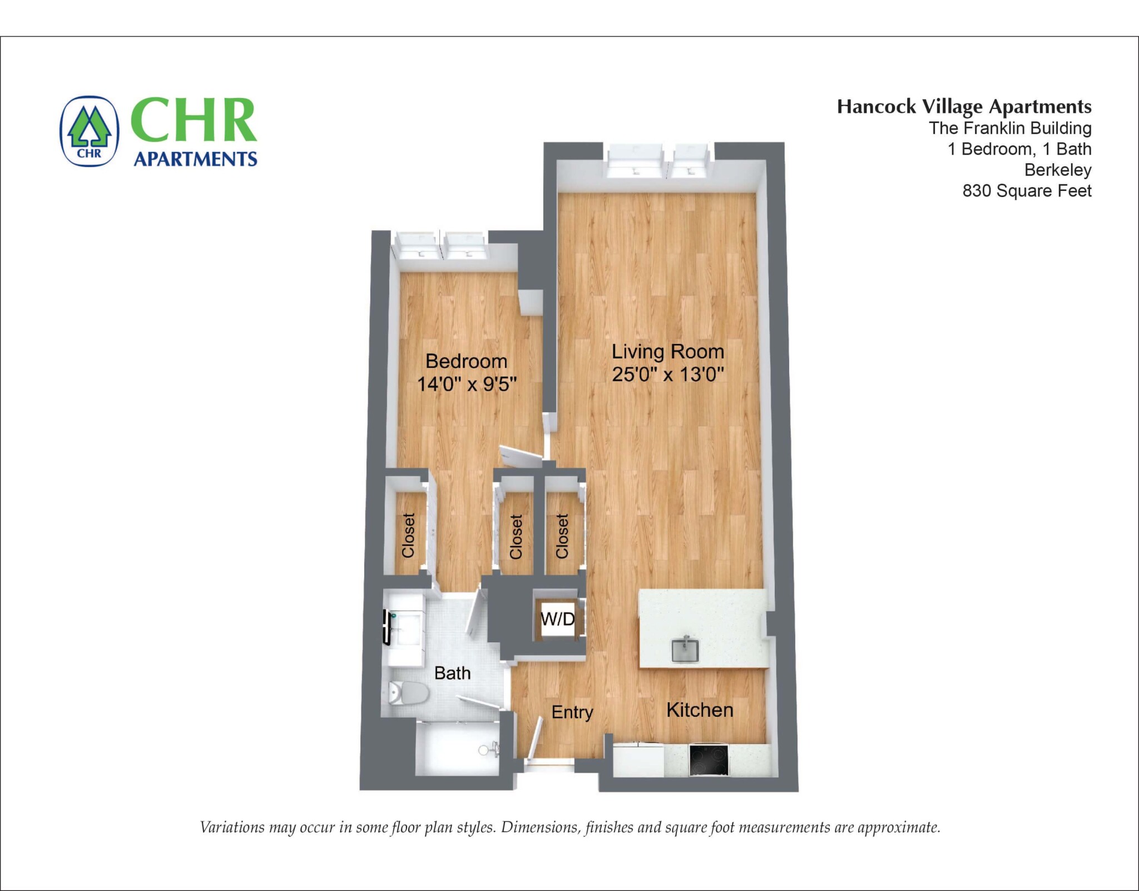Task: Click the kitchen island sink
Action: [685, 649]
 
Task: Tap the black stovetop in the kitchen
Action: [709, 760]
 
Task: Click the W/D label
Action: [557, 619]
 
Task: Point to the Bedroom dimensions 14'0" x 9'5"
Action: [467, 384]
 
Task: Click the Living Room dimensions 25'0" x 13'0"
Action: [668, 375]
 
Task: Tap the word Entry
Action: [572, 712]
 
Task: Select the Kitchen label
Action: [700, 710]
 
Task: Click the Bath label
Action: [452, 673]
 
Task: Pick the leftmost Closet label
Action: [409, 535]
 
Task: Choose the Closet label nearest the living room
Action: [562, 536]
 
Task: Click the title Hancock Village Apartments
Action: [964, 106]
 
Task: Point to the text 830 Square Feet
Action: [1027, 191]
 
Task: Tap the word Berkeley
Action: [1058, 170]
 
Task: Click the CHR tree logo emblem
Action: [90, 131]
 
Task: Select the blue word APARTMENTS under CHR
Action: [195, 159]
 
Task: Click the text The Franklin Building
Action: [1010, 128]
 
